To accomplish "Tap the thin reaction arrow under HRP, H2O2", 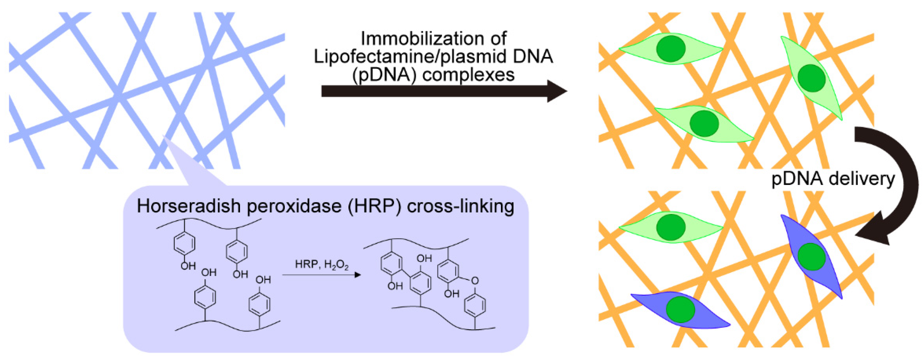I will tap(321, 275).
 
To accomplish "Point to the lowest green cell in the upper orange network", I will tap(704, 123).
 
